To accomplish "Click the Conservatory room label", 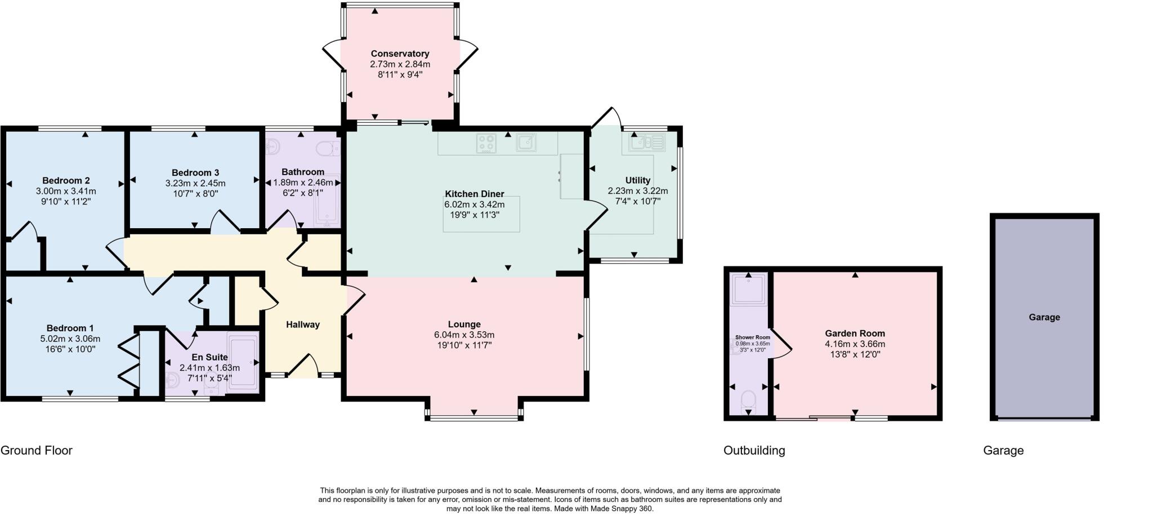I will tap(400, 54).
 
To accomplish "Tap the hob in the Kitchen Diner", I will tap(486, 143).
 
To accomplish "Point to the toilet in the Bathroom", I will tap(324, 149).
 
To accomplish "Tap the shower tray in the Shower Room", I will tap(749, 289).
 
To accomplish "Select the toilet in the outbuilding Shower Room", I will tap(748, 400).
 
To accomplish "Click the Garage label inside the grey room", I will tap(1044, 317).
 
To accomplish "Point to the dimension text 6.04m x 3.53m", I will tap(464, 335).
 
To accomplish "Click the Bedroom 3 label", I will tap(195, 172).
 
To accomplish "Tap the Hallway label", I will tap(303, 324).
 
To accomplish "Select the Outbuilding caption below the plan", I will tap(754, 450).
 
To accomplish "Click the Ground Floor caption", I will tap(37, 450).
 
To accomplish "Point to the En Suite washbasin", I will tap(172, 381).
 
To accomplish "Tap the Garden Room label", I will tap(855, 333).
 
